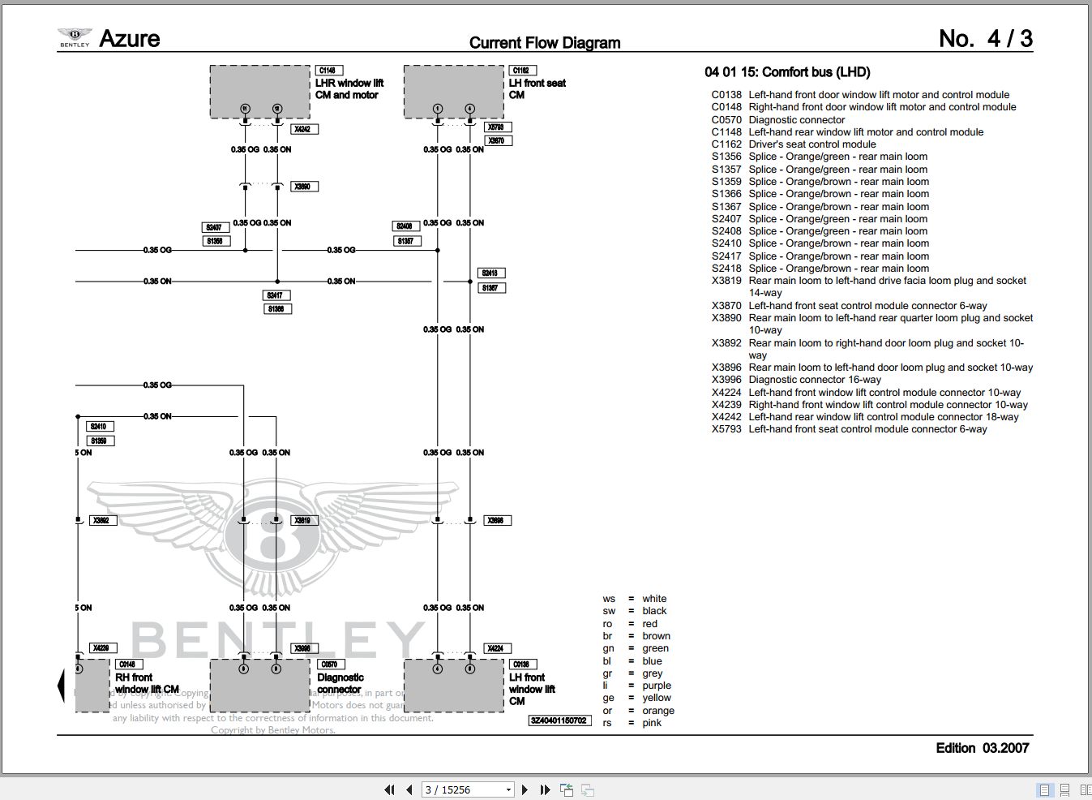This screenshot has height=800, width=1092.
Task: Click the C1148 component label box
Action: [x=327, y=71]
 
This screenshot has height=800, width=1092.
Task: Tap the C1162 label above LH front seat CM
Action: [x=520, y=71]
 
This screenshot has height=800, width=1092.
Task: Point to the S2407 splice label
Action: [x=214, y=227]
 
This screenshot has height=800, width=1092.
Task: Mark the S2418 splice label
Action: [x=490, y=273]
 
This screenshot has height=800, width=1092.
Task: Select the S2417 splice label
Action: [x=276, y=295]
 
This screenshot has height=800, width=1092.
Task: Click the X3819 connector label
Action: [x=302, y=520]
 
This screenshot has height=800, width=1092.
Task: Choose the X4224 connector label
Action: [x=495, y=648]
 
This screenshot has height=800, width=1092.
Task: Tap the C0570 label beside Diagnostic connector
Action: [x=329, y=665]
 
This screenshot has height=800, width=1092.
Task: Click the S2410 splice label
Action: [x=98, y=426]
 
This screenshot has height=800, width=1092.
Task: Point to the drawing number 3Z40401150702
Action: [x=559, y=720]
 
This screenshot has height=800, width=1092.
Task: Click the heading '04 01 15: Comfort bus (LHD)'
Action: [x=787, y=72]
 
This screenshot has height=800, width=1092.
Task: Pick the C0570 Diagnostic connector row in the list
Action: [x=778, y=119]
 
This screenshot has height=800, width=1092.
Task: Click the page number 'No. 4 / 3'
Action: [x=985, y=39]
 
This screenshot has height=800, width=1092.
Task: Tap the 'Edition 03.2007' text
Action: [x=982, y=748]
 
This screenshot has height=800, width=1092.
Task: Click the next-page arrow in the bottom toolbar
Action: [x=525, y=789]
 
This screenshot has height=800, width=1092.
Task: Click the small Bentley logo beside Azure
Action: [x=75, y=37]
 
